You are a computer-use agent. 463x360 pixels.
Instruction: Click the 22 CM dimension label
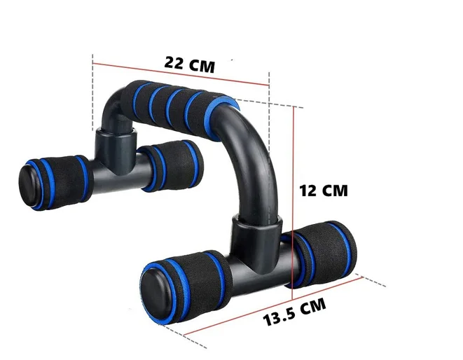189,62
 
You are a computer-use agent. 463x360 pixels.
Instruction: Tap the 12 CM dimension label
323,190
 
